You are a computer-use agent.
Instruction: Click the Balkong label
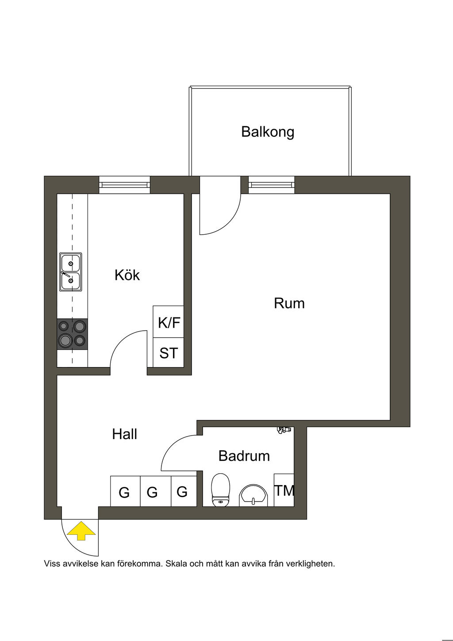[268, 132]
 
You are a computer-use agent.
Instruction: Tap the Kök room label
[127, 275]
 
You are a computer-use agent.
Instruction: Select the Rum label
[289, 303]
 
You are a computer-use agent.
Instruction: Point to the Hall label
[124, 434]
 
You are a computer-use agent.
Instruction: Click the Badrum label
[244, 456]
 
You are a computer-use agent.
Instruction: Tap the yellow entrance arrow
[81, 531]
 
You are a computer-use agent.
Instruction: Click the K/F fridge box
[169, 322]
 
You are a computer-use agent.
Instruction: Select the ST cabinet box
[169, 353]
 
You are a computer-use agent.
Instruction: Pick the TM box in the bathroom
[284, 490]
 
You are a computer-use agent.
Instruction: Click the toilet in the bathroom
[221, 490]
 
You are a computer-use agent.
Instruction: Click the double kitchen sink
[71, 272]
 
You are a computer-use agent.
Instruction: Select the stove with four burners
[72, 334]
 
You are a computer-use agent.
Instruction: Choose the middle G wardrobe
[152, 492]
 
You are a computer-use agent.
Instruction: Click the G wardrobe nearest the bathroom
[182, 491]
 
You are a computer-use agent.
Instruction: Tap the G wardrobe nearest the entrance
[124, 492]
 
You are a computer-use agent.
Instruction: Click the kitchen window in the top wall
[124, 185]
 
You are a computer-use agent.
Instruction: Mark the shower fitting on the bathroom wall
[283, 429]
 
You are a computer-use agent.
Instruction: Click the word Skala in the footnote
[176, 564]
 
